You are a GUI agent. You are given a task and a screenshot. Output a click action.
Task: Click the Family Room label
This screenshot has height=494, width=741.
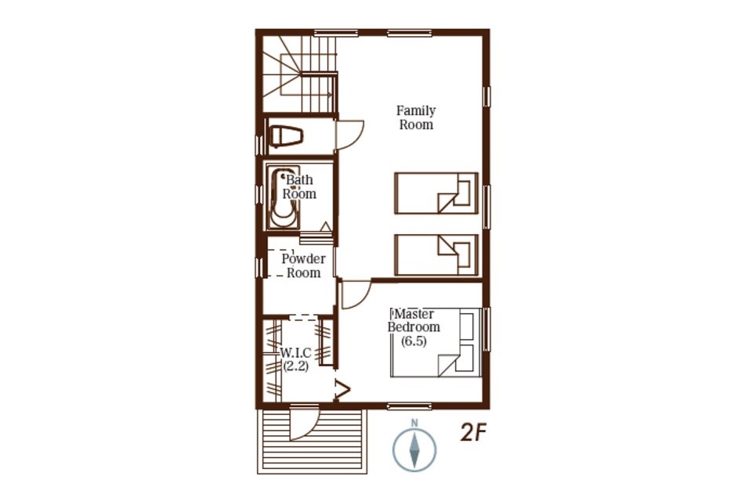coord(416,117)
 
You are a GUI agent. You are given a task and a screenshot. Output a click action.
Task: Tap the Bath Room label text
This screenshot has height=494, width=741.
coord(300,186)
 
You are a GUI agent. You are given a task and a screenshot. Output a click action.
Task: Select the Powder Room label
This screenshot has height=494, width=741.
coord(303,265)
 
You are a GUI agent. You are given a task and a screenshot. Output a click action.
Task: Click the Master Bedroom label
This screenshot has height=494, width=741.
coord(414,320)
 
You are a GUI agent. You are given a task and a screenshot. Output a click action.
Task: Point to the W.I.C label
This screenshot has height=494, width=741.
coord(296,353)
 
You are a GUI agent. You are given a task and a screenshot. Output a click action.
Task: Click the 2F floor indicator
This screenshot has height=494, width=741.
coord(474,433)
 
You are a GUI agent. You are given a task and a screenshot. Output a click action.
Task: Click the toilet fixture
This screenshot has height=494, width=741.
coord(285,136)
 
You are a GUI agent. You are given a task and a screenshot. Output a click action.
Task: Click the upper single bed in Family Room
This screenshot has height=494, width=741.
coord(436,193)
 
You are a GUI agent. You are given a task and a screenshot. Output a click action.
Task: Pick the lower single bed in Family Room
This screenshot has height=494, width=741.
coord(436,254)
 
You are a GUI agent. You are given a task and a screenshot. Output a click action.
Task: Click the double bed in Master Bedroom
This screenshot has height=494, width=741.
coord(436,342)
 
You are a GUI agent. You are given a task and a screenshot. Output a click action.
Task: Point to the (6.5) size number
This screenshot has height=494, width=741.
coord(414,341)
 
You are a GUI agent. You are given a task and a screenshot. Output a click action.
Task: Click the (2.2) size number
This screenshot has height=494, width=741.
coord(296,366)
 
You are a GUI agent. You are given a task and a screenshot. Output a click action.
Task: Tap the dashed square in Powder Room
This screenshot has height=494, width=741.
coord(280,263)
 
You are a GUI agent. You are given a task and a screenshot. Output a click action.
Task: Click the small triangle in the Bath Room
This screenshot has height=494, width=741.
coord(325,227)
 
